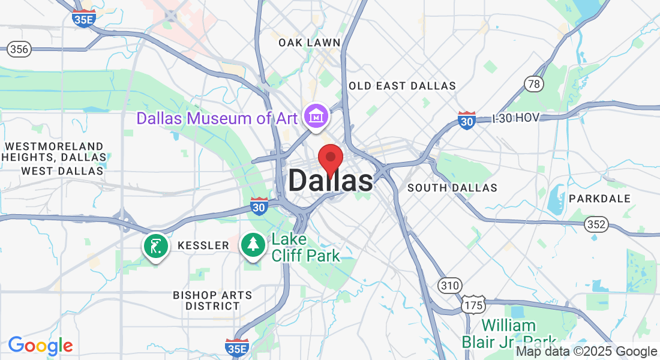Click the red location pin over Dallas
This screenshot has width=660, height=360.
(x=330, y=159)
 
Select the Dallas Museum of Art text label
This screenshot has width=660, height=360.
(x=217, y=118)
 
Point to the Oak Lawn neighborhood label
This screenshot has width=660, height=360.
(x=310, y=43)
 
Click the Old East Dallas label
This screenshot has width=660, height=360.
(x=402, y=86)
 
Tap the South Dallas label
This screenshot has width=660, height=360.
(x=452, y=188)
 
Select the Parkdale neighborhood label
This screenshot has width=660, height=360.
(x=599, y=199)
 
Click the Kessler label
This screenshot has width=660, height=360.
(x=203, y=245)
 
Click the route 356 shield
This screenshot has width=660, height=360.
(x=19, y=49)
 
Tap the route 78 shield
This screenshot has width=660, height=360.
(x=533, y=83)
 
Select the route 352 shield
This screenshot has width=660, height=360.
(x=597, y=225)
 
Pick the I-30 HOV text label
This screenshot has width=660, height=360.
(x=516, y=119)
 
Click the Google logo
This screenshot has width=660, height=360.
(x=40, y=346)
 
